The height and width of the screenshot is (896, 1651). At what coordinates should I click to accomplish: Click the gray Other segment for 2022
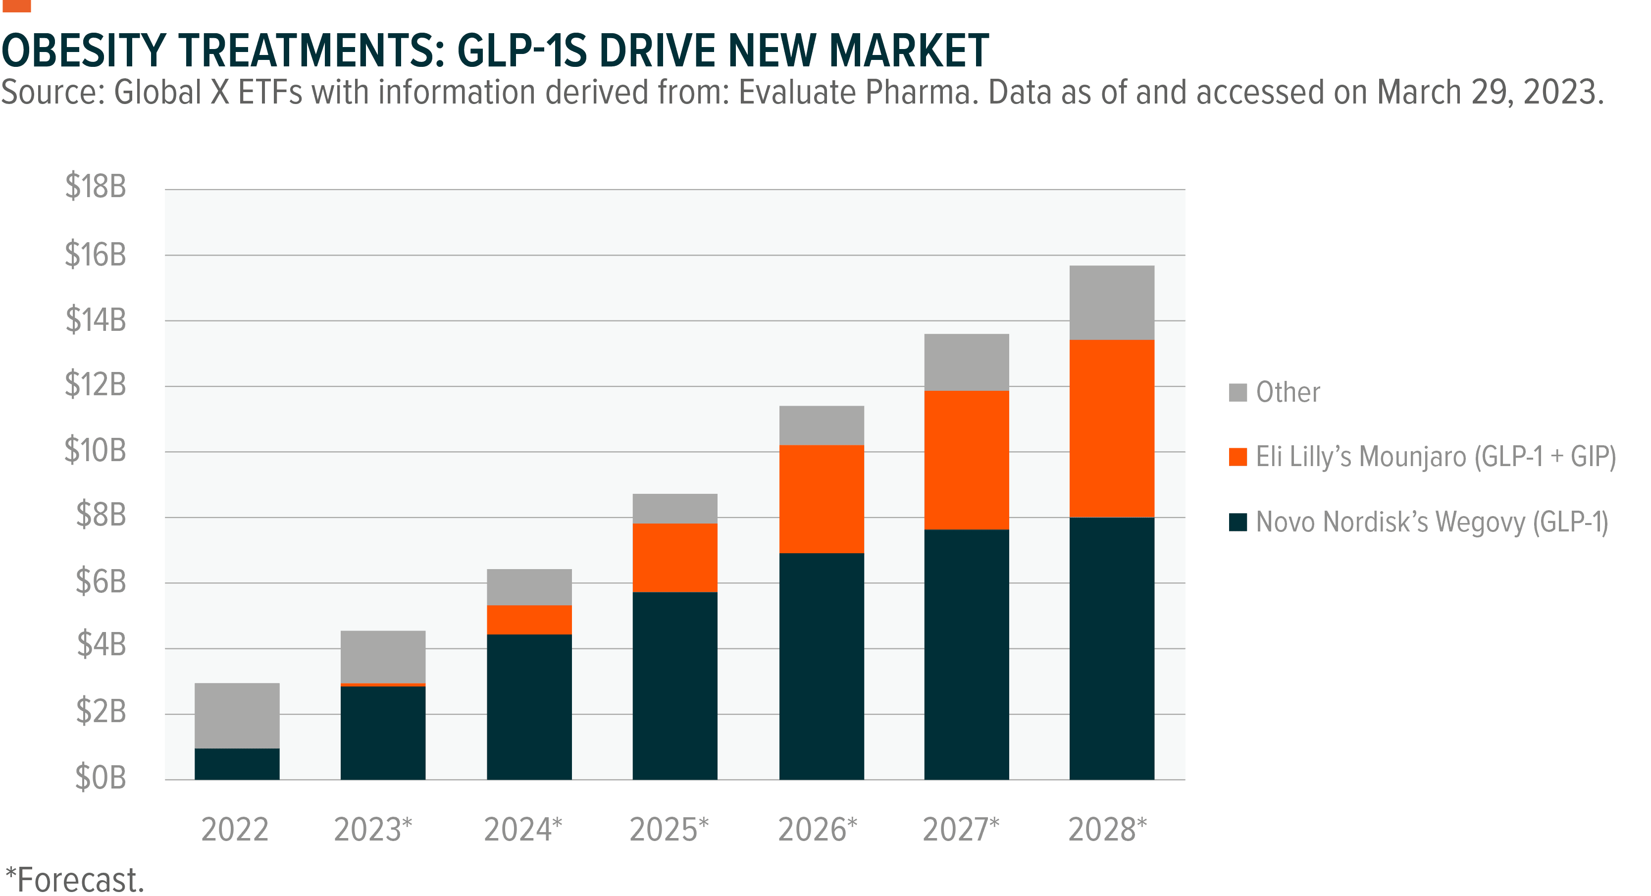pos(237,715)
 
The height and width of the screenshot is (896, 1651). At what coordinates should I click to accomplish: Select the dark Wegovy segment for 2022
pos(237,764)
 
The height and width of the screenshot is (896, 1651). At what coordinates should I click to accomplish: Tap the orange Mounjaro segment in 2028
pos(1112,428)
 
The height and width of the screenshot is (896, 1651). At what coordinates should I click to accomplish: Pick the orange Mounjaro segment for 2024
pos(529,620)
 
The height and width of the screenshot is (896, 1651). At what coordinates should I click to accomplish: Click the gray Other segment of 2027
pos(967,362)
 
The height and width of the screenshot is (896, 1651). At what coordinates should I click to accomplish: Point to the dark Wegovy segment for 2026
pos(822,667)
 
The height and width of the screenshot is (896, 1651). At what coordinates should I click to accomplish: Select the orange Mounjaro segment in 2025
pos(675,558)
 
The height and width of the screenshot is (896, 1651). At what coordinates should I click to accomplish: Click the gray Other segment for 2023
pos(383,656)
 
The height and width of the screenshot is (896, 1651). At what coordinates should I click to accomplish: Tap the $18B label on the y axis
pos(96,187)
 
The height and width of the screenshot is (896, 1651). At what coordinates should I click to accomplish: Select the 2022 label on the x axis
pos(235,829)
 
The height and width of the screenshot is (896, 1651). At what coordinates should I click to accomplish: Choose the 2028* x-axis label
pos(1107,829)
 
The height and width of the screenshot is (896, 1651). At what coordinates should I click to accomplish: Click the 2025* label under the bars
pos(669,829)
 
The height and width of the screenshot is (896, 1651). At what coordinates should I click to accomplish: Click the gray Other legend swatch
pos(1238,392)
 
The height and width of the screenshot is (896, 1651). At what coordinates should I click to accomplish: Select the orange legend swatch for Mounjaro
pos(1238,457)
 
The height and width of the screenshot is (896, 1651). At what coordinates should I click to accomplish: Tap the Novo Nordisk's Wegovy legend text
pos(1432,522)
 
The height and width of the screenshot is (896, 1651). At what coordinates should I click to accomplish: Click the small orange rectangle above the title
pos(16,6)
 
